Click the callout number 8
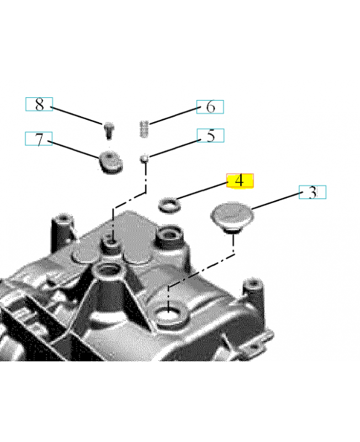[39, 104]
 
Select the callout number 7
[39, 139]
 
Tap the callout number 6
[210, 107]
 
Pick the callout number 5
[211, 135]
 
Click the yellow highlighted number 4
[240, 181]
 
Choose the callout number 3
[313, 192]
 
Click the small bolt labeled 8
[108, 130]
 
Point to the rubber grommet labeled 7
[110, 161]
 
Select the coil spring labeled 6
[144, 129]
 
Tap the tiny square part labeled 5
[144, 159]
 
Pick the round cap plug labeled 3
[232, 217]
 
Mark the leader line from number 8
[77, 115]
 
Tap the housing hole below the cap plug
[168, 315]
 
